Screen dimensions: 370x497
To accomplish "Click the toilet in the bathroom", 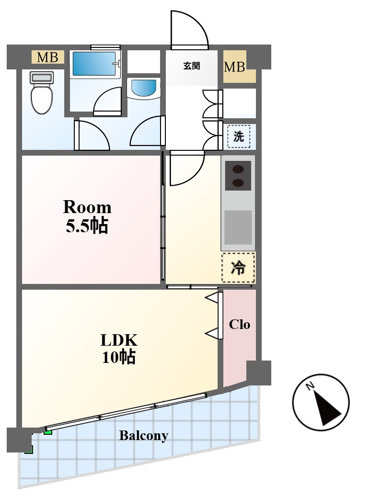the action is (x=42, y=92).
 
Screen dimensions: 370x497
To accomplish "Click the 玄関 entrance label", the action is (x=192, y=66).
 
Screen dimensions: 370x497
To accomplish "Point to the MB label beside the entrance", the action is (x=234, y=67).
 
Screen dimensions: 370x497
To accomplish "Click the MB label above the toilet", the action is (x=47, y=57).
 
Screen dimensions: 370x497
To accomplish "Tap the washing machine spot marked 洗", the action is (x=239, y=136).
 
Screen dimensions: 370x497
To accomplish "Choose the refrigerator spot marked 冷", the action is (x=238, y=268).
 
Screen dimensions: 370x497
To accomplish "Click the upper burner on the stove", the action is (x=238, y=169).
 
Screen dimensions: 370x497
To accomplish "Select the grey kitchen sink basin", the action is (x=238, y=227).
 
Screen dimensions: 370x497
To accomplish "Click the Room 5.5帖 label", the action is (x=87, y=217).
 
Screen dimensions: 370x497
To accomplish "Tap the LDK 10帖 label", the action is (x=119, y=349).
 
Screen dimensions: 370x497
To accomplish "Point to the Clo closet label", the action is (x=239, y=324).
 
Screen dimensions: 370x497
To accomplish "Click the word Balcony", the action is (x=143, y=436).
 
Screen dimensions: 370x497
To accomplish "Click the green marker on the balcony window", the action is (x=48, y=432).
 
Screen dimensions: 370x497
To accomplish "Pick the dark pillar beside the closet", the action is (x=259, y=373).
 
